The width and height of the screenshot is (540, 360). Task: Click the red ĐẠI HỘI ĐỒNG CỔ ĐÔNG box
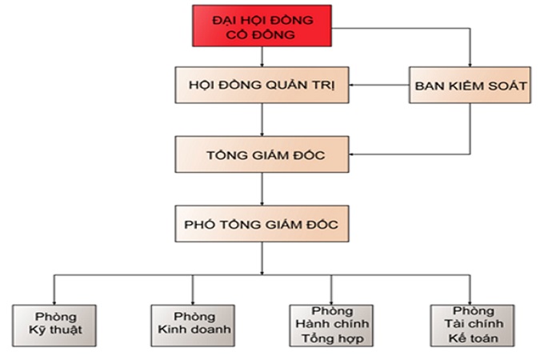[x=261, y=26]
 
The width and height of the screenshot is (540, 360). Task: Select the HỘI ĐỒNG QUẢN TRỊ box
[x=262, y=84]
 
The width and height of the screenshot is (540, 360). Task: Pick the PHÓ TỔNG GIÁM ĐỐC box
[x=262, y=224]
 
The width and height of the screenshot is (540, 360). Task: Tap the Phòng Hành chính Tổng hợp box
[x=331, y=325]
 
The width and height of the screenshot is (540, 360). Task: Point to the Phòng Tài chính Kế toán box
[x=469, y=325]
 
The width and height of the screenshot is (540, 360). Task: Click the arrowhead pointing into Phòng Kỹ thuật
[x=55, y=300]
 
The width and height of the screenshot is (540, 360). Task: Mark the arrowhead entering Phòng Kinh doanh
[x=192, y=300]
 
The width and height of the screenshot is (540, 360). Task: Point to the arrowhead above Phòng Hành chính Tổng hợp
[x=330, y=300]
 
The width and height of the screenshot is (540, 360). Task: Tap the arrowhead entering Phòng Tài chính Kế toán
[x=469, y=300]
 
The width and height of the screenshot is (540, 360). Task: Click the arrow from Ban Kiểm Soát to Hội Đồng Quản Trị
[x=380, y=84]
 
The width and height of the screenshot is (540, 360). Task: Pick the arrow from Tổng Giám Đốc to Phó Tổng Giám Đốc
[x=262, y=189]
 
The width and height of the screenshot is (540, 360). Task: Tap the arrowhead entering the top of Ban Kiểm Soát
[x=470, y=63]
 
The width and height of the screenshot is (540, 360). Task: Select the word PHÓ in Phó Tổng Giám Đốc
[x=202, y=224]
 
